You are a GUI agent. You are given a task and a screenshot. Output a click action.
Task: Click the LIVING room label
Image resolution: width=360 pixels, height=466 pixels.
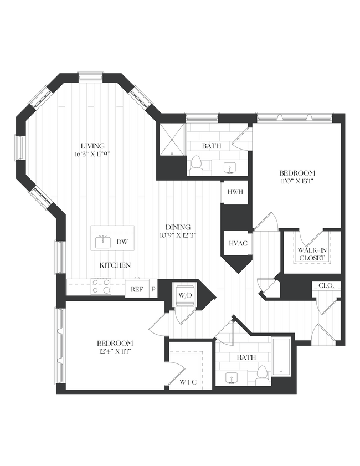[92, 146]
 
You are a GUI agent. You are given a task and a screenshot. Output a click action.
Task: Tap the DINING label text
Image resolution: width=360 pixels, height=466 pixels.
[178, 227]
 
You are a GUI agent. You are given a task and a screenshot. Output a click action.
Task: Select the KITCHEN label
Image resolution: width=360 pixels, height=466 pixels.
[115, 265]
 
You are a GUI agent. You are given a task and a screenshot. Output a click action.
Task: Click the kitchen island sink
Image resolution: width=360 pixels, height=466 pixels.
[103, 242]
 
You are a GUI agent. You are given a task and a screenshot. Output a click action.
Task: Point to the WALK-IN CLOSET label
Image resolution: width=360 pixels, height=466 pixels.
[311, 253]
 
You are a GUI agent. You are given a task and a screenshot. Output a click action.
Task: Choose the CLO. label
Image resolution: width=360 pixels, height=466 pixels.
[326, 286]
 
